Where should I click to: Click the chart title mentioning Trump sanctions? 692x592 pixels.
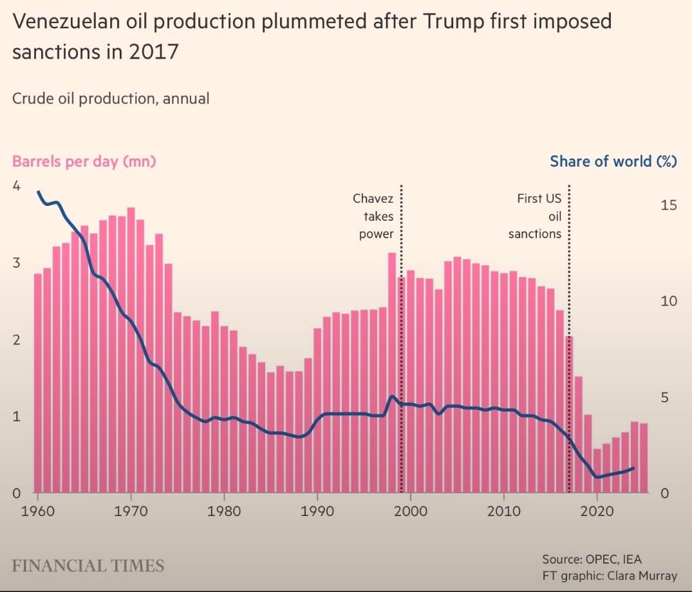312,37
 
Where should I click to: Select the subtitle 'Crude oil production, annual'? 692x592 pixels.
111,98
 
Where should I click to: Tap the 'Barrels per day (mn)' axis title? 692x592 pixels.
84,161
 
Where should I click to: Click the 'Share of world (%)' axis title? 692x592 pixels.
613,161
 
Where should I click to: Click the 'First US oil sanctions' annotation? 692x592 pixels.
535,216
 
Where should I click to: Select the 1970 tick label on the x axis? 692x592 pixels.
131,512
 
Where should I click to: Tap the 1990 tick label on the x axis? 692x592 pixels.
317,512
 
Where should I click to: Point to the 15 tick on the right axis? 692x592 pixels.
669,205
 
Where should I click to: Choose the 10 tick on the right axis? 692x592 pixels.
669,301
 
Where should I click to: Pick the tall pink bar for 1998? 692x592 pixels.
391,373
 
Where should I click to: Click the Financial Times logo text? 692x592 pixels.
88,566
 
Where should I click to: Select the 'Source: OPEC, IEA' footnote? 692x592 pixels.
592,559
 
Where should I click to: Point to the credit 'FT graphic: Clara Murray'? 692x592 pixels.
610,575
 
